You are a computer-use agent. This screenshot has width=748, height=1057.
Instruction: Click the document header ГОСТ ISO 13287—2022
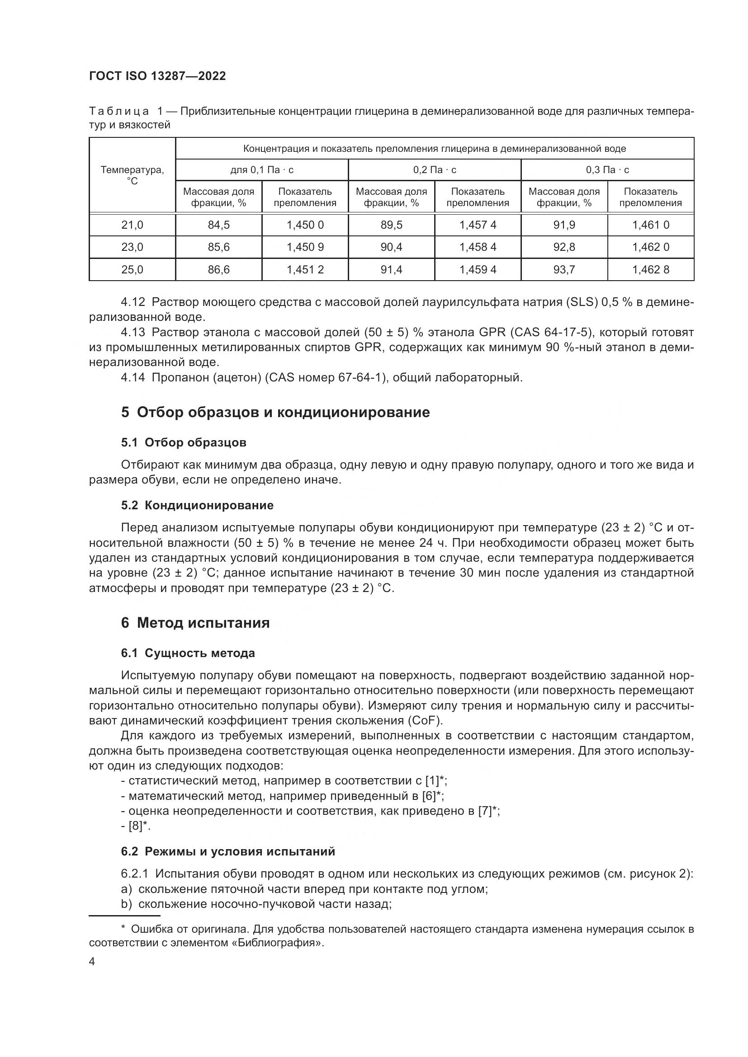[x=157, y=76]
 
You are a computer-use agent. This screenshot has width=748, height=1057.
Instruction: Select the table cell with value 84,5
[x=218, y=225]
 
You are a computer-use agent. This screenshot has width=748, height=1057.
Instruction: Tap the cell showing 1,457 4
[x=478, y=225]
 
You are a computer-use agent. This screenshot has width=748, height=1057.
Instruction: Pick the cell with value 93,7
[x=564, y=270]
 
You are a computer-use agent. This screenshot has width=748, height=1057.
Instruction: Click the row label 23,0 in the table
[x=132, y=247]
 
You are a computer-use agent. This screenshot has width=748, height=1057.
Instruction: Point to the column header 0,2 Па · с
[x=434, y=170]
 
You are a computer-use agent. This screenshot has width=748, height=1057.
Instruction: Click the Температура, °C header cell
[x=132, y=175]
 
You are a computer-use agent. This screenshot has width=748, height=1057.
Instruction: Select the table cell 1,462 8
[x=650, y=270]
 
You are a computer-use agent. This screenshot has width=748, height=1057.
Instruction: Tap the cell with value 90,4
[x=391, y=247]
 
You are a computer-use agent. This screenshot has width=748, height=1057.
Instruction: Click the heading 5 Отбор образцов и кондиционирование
[x=275, y=413]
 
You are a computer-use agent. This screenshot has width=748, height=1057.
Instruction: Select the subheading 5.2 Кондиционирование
[x=197, y=506]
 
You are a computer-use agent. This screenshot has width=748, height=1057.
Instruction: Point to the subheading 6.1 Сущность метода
[x=188, y=653]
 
